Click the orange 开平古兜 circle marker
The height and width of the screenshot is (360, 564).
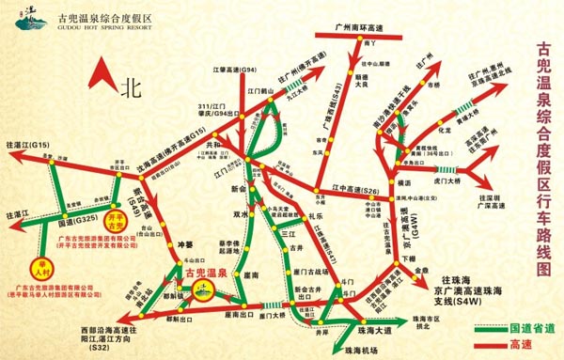114,224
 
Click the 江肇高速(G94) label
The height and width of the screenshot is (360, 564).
236,70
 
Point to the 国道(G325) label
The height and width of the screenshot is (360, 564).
78,219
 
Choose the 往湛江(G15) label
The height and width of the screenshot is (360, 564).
27,146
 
